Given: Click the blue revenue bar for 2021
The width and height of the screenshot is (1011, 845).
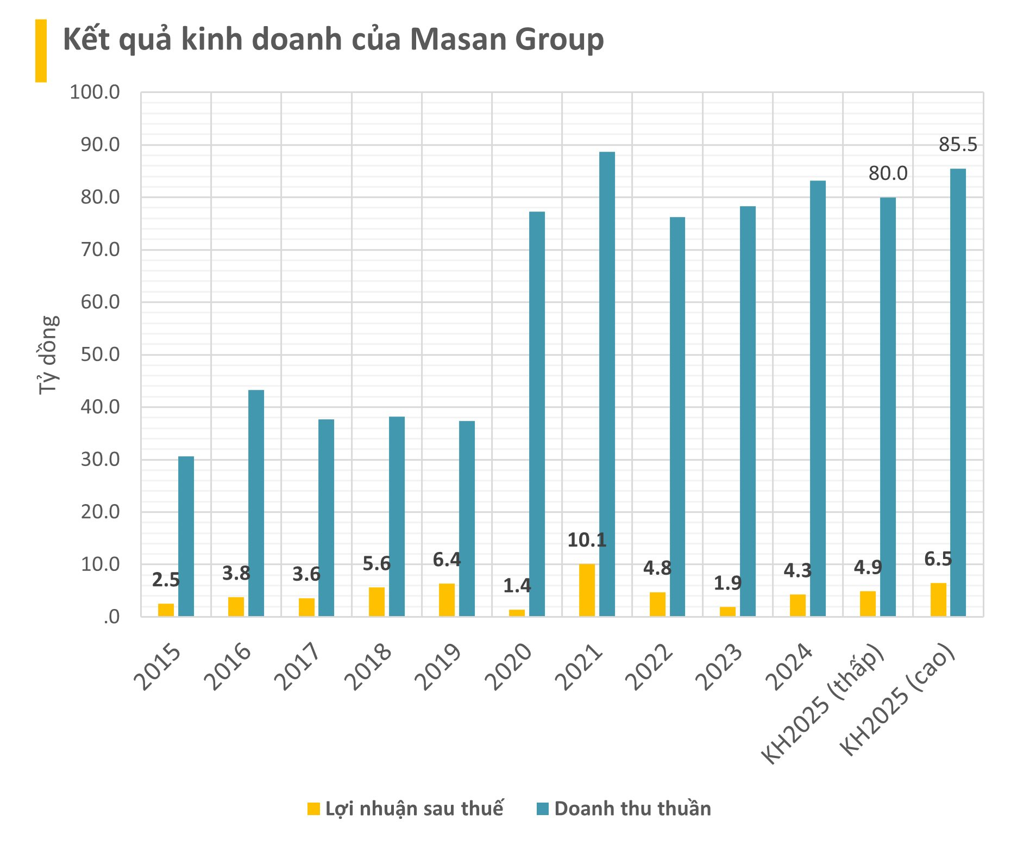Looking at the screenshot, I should pos(607,384).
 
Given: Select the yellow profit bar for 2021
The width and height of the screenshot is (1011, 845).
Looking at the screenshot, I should pos(587,590).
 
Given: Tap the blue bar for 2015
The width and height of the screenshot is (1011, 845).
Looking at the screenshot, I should pos(186,536).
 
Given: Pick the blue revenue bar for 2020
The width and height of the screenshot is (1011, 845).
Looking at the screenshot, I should pos(537,414).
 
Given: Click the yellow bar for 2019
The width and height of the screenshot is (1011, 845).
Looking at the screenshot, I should pos(447,600).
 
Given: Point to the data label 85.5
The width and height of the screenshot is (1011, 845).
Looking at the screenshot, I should pos(958,145).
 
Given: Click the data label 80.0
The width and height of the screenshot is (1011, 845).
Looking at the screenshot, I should pos(888,173).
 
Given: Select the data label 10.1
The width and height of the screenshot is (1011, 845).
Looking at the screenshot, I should pos(587,540).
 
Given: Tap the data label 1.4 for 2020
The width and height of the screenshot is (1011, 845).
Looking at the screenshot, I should pos(517,586).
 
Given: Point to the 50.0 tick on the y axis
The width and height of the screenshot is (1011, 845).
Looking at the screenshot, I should pos(100,355).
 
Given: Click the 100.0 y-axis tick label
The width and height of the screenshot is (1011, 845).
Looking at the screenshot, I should pos(95,92).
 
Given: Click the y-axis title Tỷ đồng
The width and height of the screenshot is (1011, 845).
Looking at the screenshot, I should pos(48,355).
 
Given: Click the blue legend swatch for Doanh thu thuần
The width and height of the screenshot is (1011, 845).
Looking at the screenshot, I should pos(543,809).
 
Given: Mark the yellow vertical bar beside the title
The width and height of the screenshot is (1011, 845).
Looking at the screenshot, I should pos(41,51).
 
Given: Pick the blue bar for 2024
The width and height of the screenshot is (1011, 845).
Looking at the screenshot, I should pos(818,398).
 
